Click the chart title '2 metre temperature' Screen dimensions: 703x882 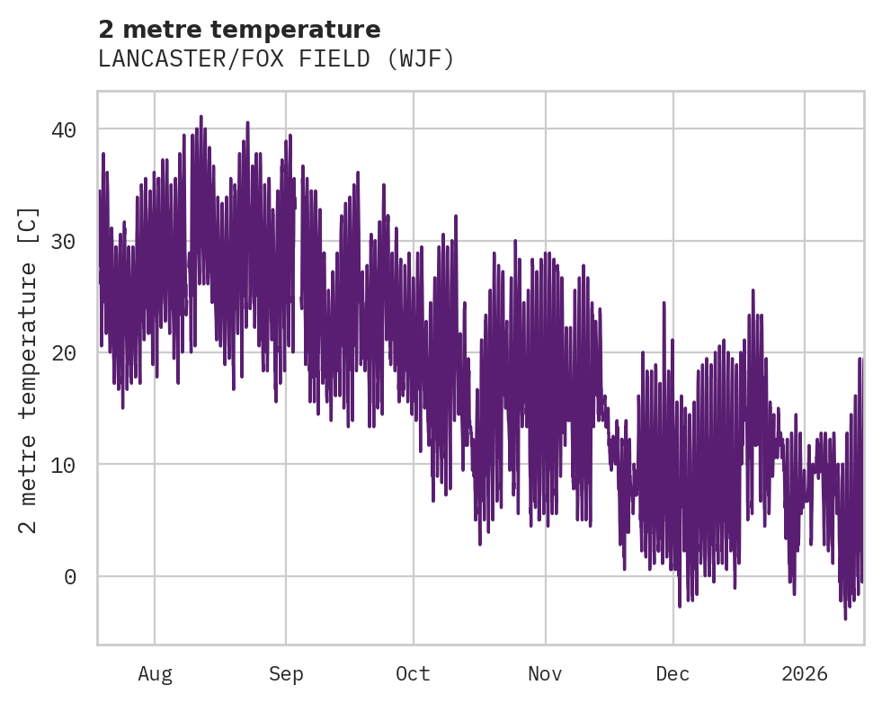239,30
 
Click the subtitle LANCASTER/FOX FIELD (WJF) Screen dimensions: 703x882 276,59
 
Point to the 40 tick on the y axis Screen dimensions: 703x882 64,129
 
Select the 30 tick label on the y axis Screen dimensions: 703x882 64,241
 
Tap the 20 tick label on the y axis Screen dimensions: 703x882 64,352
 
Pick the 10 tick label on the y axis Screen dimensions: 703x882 64,465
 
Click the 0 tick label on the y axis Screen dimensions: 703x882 70,576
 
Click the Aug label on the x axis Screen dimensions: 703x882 155,673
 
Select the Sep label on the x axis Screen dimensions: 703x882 286,673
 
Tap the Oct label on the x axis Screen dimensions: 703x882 414,673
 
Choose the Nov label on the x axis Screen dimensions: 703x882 545,673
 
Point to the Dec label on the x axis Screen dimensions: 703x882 673,673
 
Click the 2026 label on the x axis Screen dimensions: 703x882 805,673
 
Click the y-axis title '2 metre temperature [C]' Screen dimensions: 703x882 29,369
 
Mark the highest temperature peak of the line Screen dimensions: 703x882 201,117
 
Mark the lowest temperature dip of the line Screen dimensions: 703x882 845,618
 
